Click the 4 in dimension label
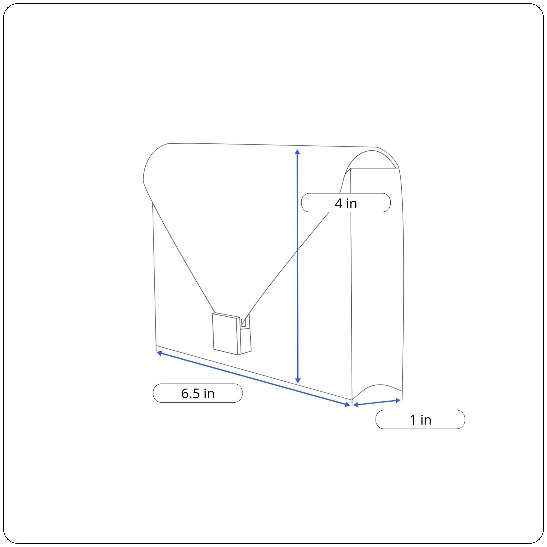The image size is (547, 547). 346,203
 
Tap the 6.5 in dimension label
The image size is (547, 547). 197,393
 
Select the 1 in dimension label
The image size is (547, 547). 420,420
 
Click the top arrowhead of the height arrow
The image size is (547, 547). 298,152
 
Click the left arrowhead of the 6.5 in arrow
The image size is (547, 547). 159,353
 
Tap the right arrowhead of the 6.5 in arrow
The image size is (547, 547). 347,404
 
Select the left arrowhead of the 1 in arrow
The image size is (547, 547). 356,405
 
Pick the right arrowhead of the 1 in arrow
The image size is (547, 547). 398,400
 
